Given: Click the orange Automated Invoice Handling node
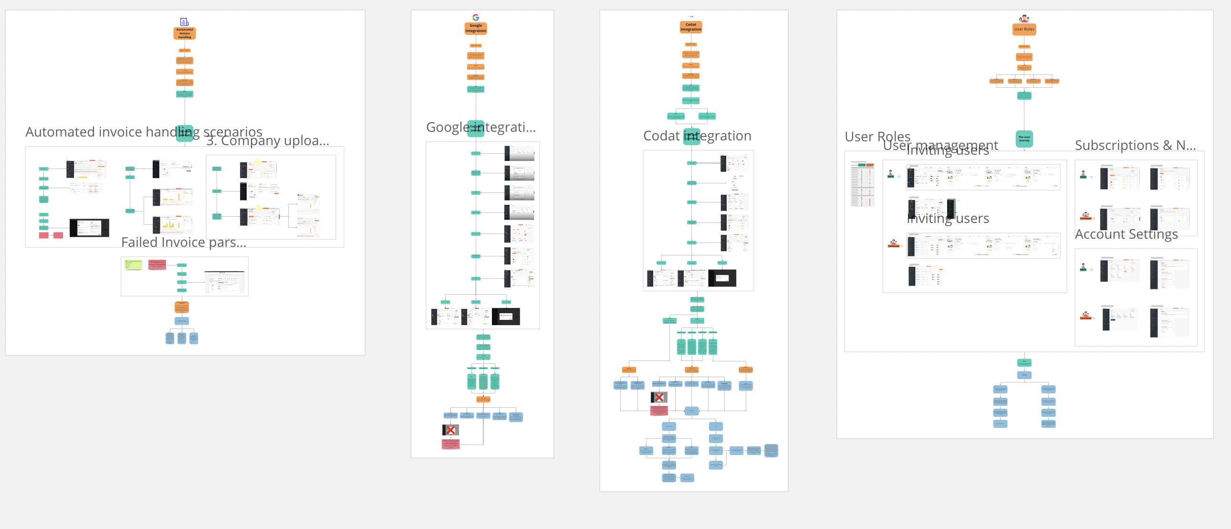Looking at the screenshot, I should click(x=185, y=33).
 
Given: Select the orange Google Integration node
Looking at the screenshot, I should click(x=476, y=28).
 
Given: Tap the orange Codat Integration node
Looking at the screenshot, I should click(x=690, y=27).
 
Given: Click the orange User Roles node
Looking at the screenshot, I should click(x=1023, y=29).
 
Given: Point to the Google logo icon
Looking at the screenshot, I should click(x=476, y=17).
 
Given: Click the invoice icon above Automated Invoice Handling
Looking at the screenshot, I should click(x=185, y=21).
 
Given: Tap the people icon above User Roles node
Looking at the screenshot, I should click(x=1023, y=19).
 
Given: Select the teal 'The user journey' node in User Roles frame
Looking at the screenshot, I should click(x=1023, y=139).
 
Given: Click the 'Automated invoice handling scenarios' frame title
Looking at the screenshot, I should click(x=143, y=131).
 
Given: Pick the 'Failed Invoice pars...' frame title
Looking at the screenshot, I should click(x=184, y=242).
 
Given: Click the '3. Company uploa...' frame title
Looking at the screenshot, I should click(x=268, y=141).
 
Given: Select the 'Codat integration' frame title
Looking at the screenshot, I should click(x=697, y=136).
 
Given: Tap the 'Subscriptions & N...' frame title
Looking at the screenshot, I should click(x=1135, y=146).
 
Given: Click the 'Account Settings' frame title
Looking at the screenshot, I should click(x=1126, y=234).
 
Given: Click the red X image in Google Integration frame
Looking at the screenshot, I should click(x=450, y=430).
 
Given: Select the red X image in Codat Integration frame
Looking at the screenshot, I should click(x=658, y=397).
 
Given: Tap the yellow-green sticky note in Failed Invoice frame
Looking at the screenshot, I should click(x=133, y=264).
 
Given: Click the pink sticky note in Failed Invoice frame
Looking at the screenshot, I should click(x=157, y=264).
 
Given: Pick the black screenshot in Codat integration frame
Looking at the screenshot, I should click(x=721, y=278).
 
